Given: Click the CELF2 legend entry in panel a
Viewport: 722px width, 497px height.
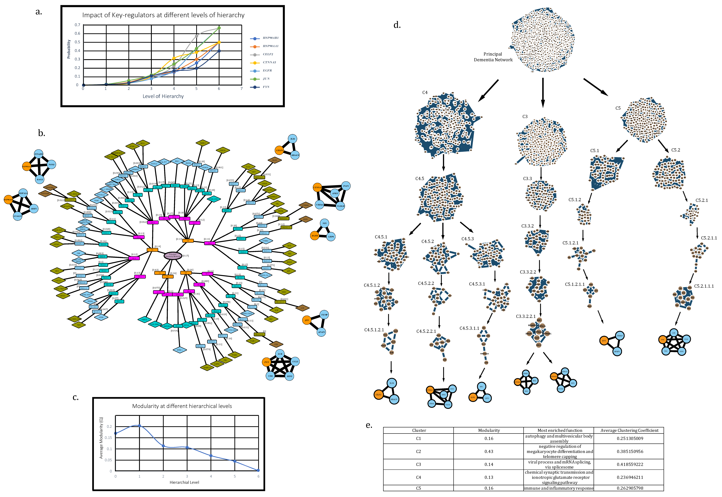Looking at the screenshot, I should coord(267,54).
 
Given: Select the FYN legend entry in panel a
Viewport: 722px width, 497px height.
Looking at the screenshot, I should coord(266,87).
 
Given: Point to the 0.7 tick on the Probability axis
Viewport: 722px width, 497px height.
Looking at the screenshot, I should coord(77,25).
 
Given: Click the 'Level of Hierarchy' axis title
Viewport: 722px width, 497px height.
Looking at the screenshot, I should coord(163,96).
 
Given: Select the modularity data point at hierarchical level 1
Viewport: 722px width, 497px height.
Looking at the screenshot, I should coord(139,425).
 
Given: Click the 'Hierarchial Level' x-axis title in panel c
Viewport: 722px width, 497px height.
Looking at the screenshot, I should coord(184,482).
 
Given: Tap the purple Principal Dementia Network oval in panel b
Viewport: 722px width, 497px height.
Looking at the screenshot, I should coord(173,255).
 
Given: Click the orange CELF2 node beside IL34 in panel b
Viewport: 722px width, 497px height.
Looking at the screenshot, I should coord(279,150).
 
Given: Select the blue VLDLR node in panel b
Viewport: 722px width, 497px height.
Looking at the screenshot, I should coord(340,206).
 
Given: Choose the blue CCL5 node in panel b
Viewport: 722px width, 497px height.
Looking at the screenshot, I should coord(295,362).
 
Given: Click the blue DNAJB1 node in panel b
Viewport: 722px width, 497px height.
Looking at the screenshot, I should coord(39,154).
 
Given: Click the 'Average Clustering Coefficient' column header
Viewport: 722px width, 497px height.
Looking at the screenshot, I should coord(629,430).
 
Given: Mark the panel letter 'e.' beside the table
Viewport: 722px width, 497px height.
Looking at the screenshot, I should coord(369,425).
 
